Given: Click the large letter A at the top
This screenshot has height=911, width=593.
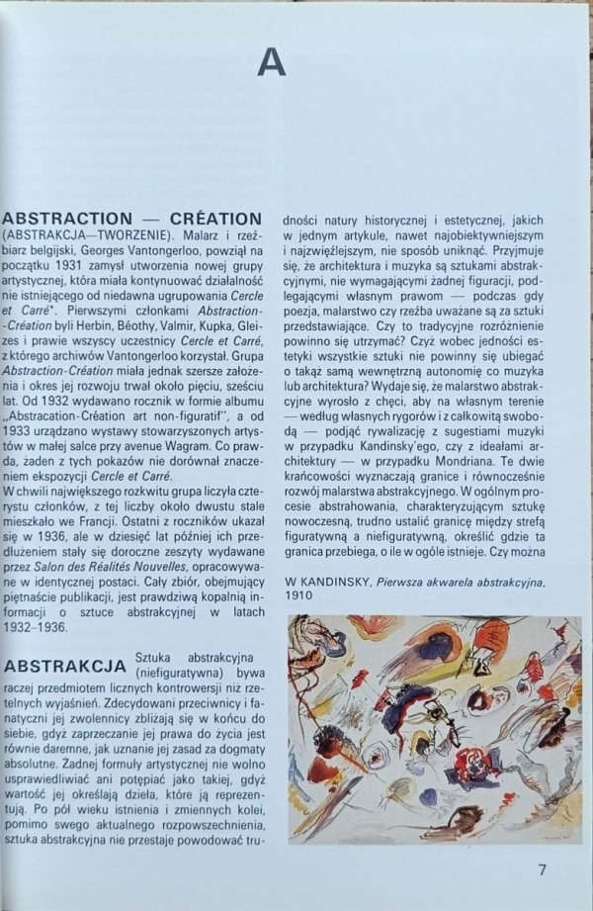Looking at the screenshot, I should coord(272,61).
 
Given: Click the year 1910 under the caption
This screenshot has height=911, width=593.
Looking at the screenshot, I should coord(299,597).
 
